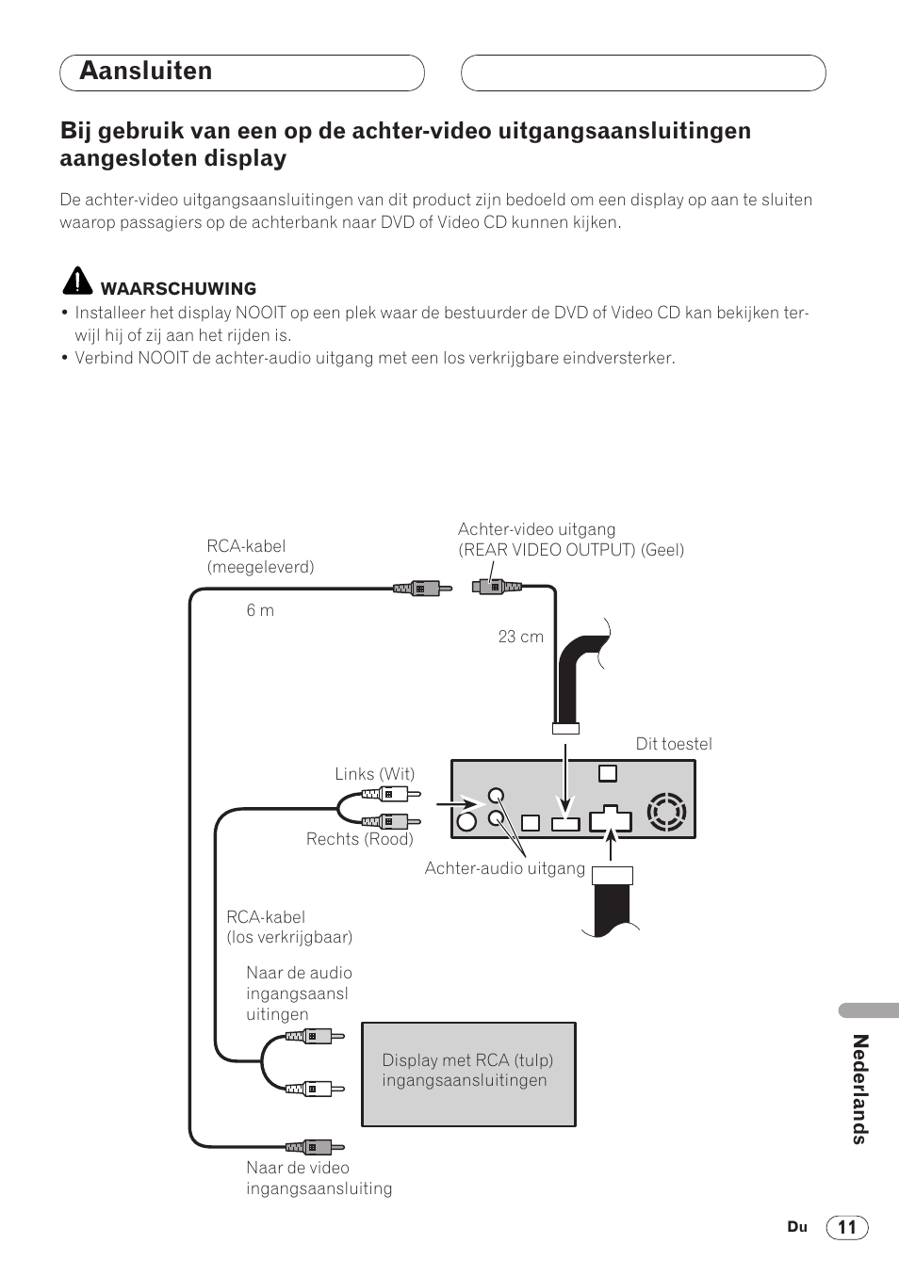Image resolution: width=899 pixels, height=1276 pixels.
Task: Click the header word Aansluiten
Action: [x=146, y=72]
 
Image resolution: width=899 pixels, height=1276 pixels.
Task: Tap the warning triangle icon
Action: [x=77, y=282]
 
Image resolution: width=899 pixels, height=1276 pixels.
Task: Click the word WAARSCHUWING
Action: [x=178, y=289]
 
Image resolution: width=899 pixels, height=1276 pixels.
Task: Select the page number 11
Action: [x=847, y=1227]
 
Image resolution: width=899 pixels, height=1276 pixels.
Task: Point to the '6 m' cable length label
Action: [x=260, y=610]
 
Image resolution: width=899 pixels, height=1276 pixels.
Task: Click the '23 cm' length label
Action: [x=520, y=637]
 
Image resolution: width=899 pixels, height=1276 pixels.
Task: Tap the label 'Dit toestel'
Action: [x=674, y=744]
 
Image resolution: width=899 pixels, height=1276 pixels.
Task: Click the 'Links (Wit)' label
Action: [x=374, y=774]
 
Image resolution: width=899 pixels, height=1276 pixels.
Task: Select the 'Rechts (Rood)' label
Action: [x=359, y=839]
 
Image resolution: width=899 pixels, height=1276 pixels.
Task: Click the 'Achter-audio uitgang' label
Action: [x=504, y=868]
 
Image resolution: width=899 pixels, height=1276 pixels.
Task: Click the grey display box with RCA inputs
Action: [x=468, y=1074]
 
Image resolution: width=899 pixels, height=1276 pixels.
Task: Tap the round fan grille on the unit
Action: [x=666, y=812]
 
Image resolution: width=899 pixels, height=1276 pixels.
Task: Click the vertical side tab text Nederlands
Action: [x=858, y=1089]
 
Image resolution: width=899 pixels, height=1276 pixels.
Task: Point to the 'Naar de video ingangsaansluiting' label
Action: [x=319, y=1178]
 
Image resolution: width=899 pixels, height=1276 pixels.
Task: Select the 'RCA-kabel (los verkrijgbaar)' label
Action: [x=288, y=927]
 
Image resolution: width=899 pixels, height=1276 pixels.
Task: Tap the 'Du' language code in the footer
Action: [x=797, y=1227]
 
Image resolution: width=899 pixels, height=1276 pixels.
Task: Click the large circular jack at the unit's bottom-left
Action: [x=466, y=822]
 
